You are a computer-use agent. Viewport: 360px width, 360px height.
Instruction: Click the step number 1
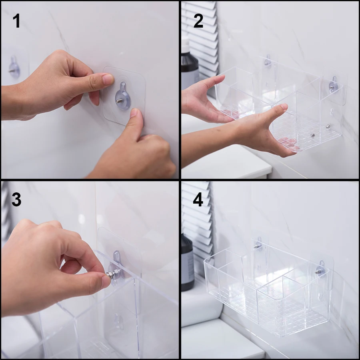(x=16, y=21)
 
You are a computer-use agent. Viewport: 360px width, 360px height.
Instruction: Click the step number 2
(x=198, y=21)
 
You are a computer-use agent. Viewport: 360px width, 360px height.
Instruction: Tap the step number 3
(x=16, y=199)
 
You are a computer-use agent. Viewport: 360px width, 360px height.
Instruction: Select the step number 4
(x=198, y=199)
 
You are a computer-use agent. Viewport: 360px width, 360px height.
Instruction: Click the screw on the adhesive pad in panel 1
(x=120, y=100)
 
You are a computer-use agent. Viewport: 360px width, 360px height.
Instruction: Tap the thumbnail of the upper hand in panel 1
(x=108, y=79)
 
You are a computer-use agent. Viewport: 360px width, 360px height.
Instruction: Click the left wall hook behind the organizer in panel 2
(x=268, y=61)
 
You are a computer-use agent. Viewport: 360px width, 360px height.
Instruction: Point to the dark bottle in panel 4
(x=188, y=262)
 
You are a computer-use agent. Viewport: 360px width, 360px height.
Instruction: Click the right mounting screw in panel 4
(x=318, y=272)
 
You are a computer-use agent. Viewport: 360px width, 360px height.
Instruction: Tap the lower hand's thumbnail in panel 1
(x=134, y=113)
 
